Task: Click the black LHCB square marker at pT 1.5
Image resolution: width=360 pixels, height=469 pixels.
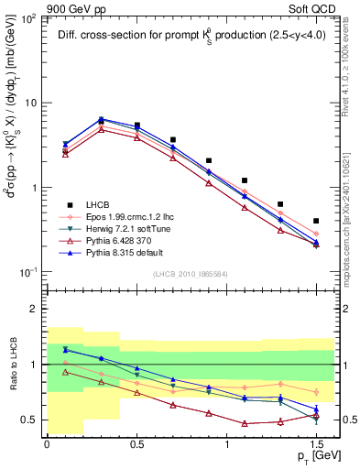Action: click(x=316, y=221)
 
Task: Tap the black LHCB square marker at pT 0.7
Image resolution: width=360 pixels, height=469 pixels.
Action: click(x=172, y=140)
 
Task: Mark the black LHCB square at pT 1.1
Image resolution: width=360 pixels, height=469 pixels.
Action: click(x=245, y=181)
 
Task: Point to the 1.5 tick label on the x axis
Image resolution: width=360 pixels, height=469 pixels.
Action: click(x=315, y=442)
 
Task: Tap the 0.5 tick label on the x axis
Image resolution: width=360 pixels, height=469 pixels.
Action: click(x=136, y=442)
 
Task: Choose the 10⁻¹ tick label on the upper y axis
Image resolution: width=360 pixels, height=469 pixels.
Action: click(x=29, y=272)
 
